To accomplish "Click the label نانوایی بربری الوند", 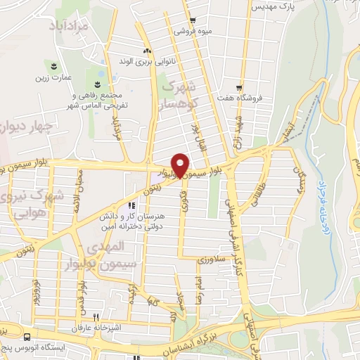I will coord(147,61).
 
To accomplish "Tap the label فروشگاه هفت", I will coord(259,98).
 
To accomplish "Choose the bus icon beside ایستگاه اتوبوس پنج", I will coord(27,336).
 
